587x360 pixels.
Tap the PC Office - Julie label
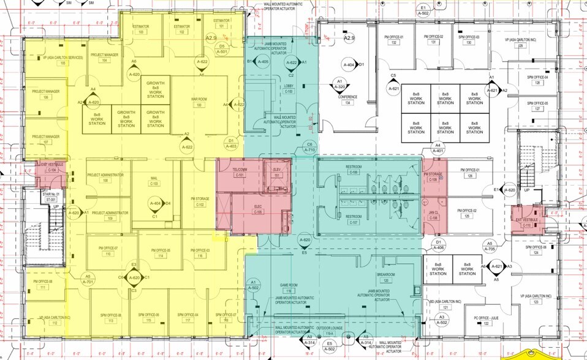(x=470, y=321)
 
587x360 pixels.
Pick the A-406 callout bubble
(x=438, y=245)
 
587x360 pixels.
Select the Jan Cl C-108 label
(x=433, y=214)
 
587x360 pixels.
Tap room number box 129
(x=521, y=45)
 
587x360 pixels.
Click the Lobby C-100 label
(x=289, y=89)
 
